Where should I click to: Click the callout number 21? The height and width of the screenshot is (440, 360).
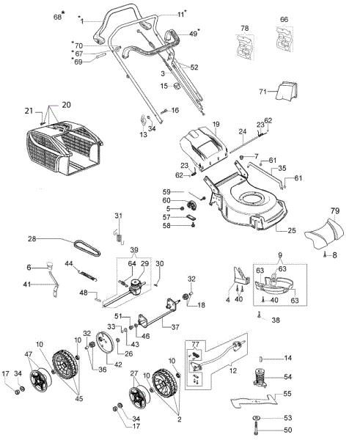tap(29, 112)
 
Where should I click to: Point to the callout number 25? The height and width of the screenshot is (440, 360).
tap(291, 231)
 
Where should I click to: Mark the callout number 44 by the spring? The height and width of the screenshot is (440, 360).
tap(69, 263)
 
